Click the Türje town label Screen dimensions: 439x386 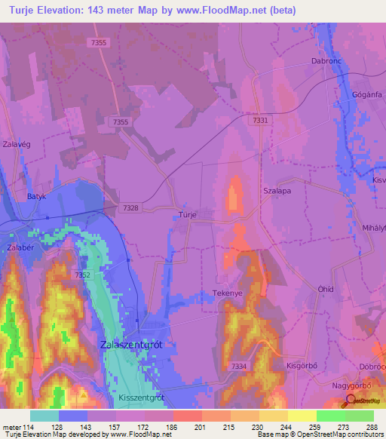pos(188,215)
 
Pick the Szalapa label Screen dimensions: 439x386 pos(277,192)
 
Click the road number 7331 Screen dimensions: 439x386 pos(260,120)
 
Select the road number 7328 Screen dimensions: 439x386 pos(130,206)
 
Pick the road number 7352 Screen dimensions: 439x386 pos(82,276)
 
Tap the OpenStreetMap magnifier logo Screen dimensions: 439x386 pos(351,401)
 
